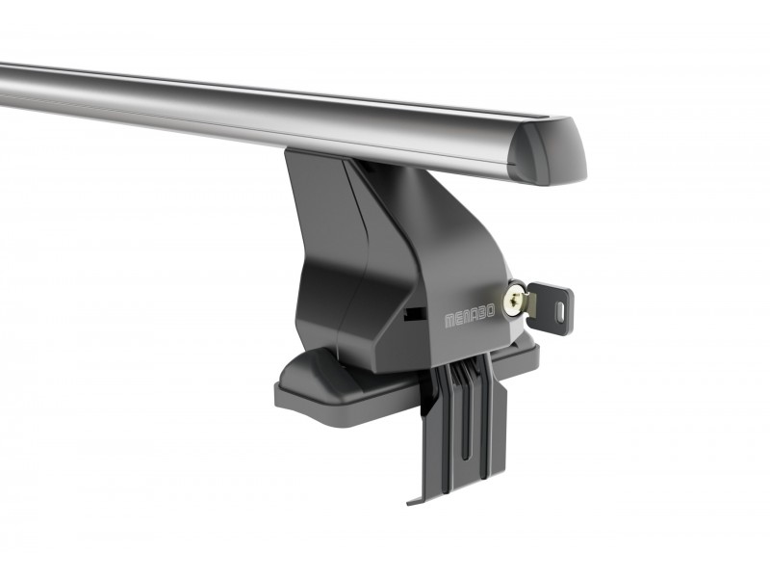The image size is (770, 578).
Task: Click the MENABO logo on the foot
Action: point(470,317)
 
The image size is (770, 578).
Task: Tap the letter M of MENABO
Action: point(449,322)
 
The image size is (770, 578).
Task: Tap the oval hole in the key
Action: point(561,312)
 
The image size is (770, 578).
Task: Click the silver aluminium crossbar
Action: point(275,118)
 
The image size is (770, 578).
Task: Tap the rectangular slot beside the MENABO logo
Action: point(415,314)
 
